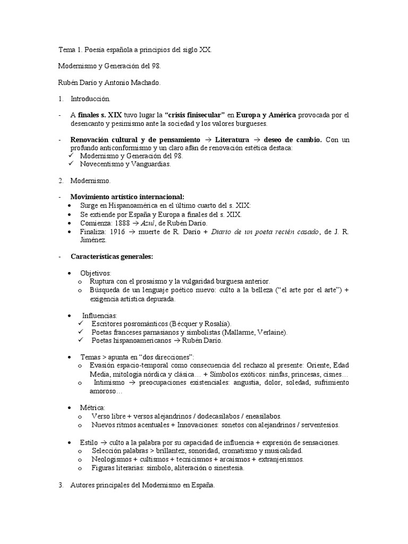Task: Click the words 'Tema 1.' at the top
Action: pos(70,49)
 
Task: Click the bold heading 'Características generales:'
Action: pos(112,256)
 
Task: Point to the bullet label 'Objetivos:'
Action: pos(96,273)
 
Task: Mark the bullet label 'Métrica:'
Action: pos(92,407)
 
